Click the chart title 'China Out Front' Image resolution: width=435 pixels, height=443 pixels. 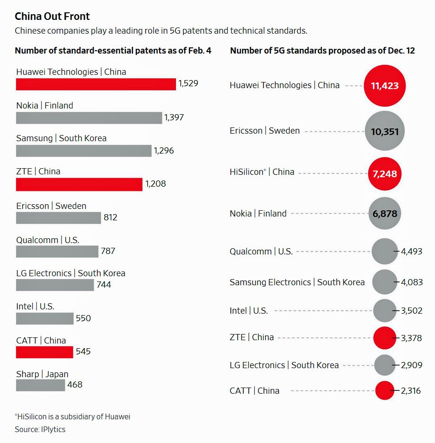coord(52,17)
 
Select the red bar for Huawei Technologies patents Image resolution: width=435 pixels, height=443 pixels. coord(96,84)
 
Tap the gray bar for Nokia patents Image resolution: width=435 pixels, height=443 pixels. coord(89,118)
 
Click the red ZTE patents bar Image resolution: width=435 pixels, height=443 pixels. coord(79,184)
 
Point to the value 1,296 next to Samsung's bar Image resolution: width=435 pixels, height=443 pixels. coord(164,151)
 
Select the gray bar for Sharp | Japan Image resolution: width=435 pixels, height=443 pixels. coord(40,385)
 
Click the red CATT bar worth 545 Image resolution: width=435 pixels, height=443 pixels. coord(44,352)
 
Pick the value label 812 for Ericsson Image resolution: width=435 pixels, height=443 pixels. coord(109,217)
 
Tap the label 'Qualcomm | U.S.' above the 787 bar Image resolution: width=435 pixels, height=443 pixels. coord(47,240)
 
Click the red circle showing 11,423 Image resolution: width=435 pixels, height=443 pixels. coord(385,86)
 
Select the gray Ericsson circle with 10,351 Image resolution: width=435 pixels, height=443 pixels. coord(385,131)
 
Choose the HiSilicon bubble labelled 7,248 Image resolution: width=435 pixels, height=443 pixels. coord(385,174)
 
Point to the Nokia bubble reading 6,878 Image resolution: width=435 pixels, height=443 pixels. coord(385,214)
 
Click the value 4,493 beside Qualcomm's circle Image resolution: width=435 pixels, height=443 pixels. coord(411,251)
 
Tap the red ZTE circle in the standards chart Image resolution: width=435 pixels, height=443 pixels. coord(384,338)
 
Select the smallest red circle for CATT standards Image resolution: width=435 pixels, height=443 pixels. coord(384,391)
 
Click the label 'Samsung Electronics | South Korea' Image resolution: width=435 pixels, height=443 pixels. coord(297,282)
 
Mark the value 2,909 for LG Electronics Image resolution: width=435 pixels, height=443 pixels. coord(411,365)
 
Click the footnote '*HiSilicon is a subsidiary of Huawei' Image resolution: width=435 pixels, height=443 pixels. coord(72,417)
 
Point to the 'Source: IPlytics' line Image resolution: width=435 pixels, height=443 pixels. coord(40,429)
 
